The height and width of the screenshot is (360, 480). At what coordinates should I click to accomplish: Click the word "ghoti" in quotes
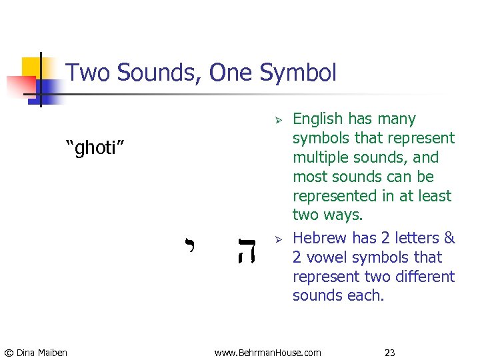click(x=95, y=147)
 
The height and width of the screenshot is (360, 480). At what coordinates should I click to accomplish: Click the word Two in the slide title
click(x=89, y=73)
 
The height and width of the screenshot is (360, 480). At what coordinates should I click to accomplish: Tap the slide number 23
click(x=390, y=352)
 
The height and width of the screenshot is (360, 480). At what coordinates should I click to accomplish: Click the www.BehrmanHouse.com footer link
click(x=267, y=352)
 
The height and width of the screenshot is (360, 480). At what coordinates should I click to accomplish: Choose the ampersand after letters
click(x=449, y=238)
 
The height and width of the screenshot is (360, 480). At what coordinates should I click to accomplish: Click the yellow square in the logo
click(x=31, y=67)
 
